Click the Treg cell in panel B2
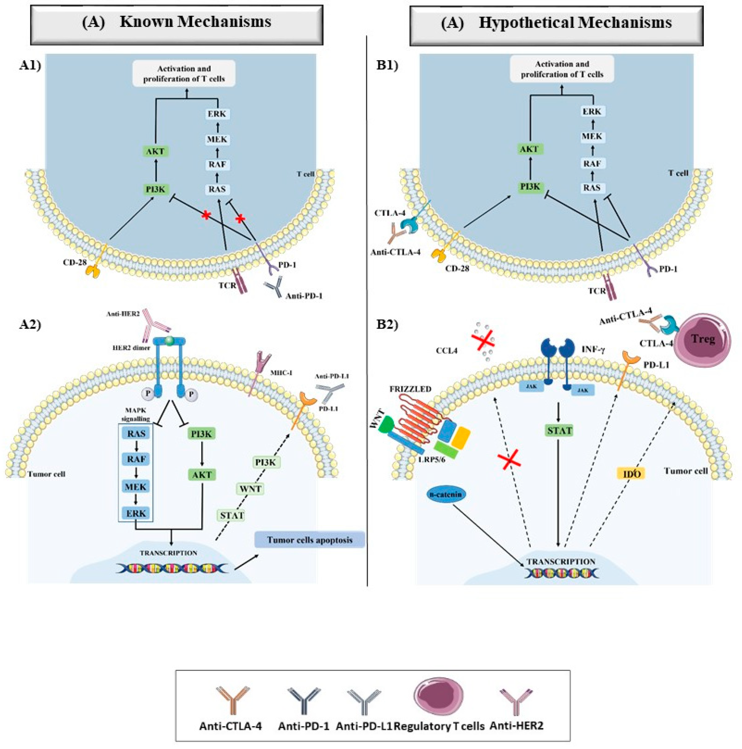(x=702, y=339)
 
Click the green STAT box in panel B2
(x=559, y=431)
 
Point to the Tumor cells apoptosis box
(x=309, y=540)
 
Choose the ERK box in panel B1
(x=591, y=111)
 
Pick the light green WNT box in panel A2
(x=250, y=489)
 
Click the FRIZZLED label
(x=410, y=389)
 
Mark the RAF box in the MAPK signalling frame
(x=136, y=459)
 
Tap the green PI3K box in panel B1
(x=530, y=186)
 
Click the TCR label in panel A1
(x=227, y=286)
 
